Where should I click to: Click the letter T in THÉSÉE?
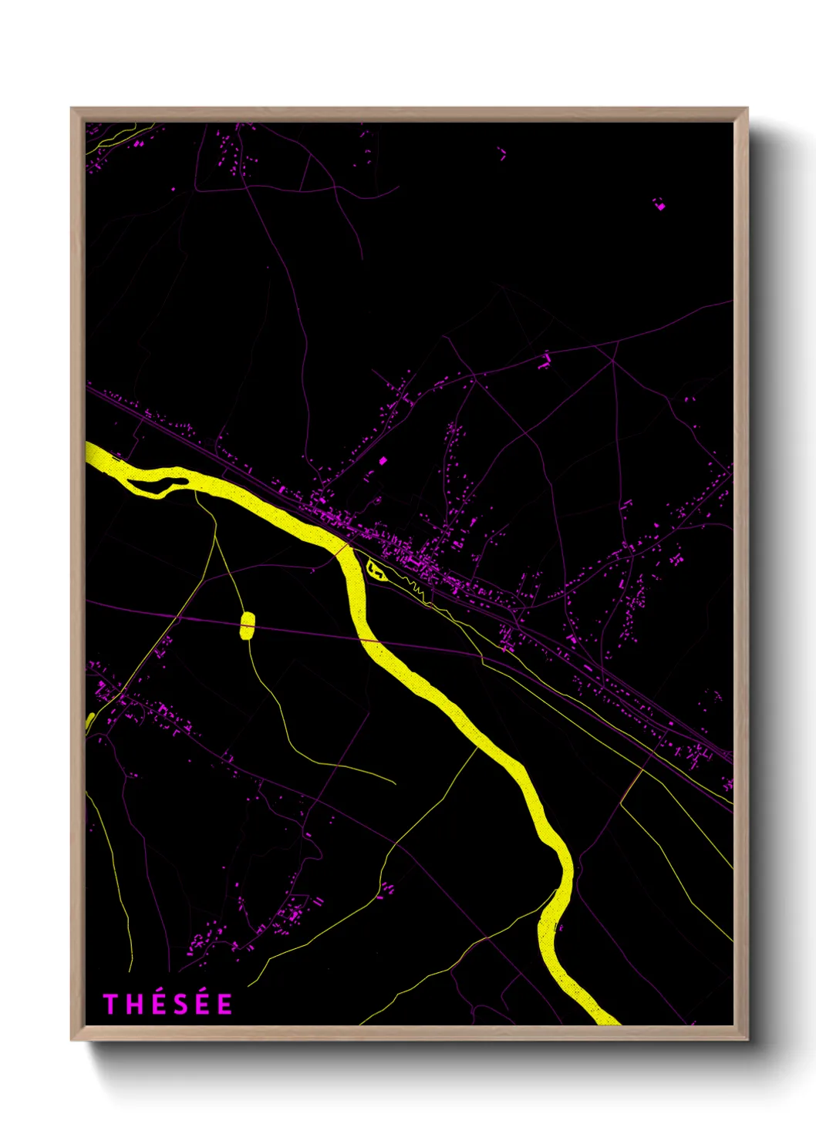coord(110,1005)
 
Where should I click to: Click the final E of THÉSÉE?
coord(224,1005)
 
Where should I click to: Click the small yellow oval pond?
coord(247,625)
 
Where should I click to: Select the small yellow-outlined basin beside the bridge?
coord(376,570)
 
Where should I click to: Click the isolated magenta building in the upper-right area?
coord(659,204)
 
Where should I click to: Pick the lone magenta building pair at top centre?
coord(502,153)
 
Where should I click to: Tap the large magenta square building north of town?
coord(383,460)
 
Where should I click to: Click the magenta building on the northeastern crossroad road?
coord(546,359)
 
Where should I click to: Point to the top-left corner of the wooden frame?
coord(72,109)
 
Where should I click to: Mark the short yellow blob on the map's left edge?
coord(89,722)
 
